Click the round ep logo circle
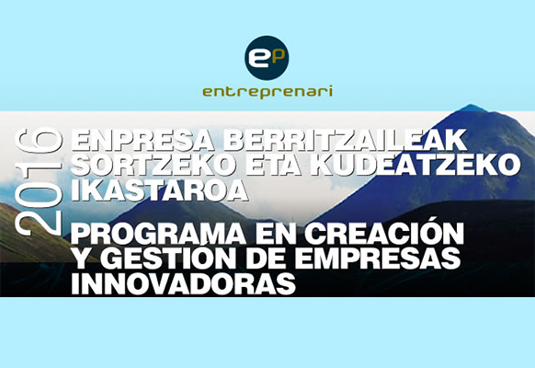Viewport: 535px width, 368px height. point(267,58)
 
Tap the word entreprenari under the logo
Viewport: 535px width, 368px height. point(267,92)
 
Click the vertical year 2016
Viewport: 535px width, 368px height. point(40,181)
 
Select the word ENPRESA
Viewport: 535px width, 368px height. point(143,140)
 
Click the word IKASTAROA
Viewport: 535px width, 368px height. point(159,190)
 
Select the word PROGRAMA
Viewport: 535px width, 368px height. point(158,234)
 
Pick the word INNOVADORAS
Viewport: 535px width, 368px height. point(183,283)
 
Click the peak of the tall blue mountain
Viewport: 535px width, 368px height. point(472,105)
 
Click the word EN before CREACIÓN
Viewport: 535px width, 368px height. point(275,234)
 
